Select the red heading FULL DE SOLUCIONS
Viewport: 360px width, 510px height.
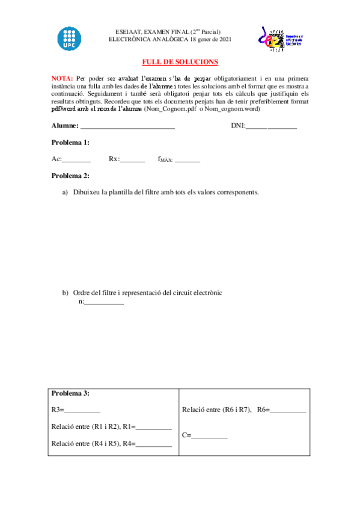pos(180,62)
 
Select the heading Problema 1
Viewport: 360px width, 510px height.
pos(70,143)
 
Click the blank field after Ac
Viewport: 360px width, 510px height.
pos(76,161)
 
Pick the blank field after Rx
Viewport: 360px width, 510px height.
pos(133,161)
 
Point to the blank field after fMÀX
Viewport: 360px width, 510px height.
pos(188,161)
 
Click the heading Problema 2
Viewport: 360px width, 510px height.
pos(70,176)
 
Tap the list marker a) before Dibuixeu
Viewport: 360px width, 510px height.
pos(66,192)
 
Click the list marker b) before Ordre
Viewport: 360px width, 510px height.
pos(66,293)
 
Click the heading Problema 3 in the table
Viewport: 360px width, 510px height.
pos(70,393)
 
